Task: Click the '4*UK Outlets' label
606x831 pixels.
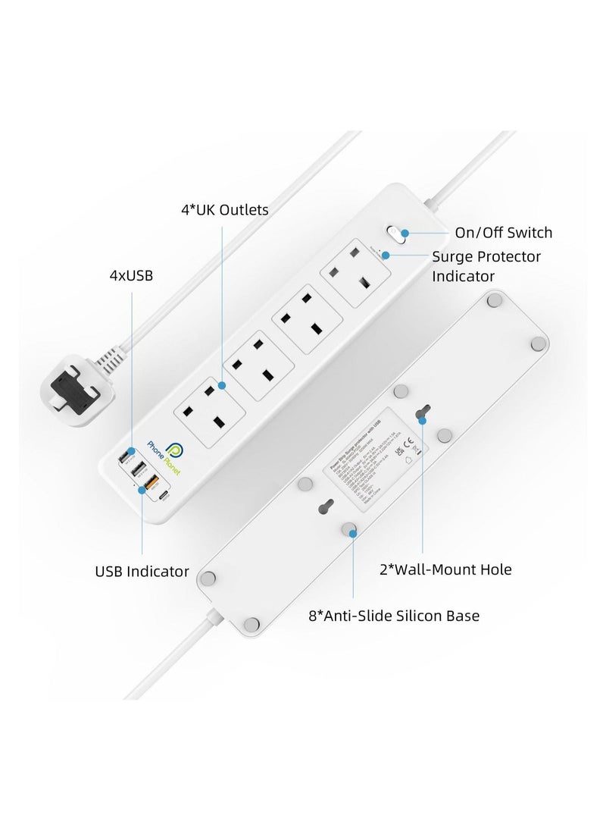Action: pyautogui.click(x=224, y=209)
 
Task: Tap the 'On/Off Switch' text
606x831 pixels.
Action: pyautogui.click(x=503, y=232)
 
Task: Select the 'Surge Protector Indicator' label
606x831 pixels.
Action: pyautogui.click(x=486, y=266)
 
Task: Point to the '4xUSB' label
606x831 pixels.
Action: pyautogui.click(x=131, y=275)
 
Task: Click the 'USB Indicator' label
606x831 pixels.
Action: pyautogui.click(x=142, y=571)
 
